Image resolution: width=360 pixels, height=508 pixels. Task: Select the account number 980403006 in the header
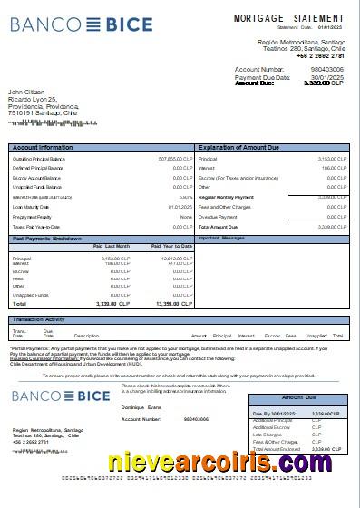326,69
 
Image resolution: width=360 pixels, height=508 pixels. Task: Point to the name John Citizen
27,92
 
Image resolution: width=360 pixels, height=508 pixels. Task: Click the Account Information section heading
43,146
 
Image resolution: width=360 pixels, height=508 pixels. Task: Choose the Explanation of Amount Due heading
242,146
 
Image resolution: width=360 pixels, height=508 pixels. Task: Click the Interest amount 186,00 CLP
333,168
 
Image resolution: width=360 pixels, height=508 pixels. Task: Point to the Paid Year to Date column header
171,246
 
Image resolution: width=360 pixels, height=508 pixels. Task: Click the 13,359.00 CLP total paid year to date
174,303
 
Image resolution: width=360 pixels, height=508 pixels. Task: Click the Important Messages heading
221,238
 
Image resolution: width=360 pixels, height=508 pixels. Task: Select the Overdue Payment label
218,217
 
